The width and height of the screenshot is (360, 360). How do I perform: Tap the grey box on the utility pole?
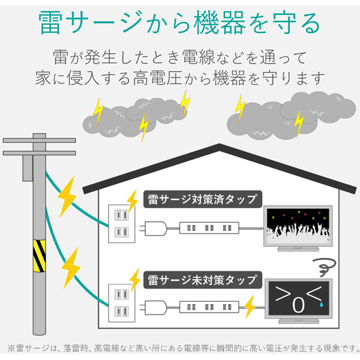click(x=26, y=169)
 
